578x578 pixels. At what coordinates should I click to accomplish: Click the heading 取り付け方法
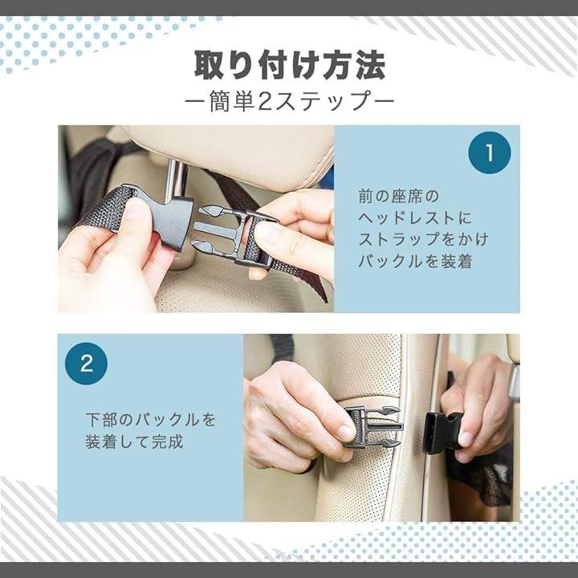290,65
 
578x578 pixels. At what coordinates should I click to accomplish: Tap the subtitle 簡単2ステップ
290,101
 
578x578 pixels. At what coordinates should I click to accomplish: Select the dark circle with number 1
489,153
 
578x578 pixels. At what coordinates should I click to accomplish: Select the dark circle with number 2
86,364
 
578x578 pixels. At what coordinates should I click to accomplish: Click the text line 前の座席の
399,196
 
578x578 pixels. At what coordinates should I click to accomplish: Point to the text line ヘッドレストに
415,218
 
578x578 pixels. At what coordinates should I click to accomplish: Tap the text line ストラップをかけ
424,239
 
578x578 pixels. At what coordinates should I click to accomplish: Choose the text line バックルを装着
415,261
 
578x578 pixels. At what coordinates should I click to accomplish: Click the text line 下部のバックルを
151,420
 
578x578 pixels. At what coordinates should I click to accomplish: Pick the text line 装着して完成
134,442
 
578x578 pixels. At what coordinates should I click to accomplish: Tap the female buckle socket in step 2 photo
442,432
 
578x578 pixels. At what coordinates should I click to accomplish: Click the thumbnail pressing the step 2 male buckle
347,433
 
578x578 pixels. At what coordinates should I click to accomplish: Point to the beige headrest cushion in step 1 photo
236,155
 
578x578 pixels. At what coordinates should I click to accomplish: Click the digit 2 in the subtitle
264,102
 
